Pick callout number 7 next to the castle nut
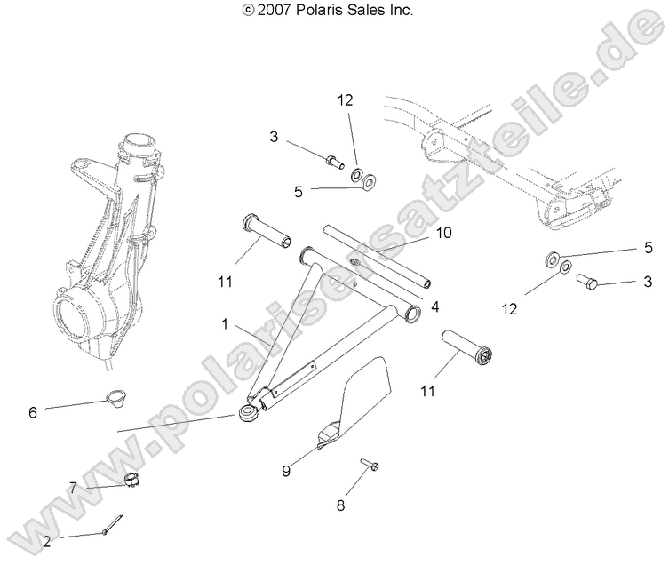coord(74,486)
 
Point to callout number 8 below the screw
coord(340,505)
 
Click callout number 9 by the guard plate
coord(286,471)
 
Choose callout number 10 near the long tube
coord(444,234)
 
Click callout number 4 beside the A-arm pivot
coord(435,307)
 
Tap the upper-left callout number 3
coord(274,137)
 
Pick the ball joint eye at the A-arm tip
coord(248,414)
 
